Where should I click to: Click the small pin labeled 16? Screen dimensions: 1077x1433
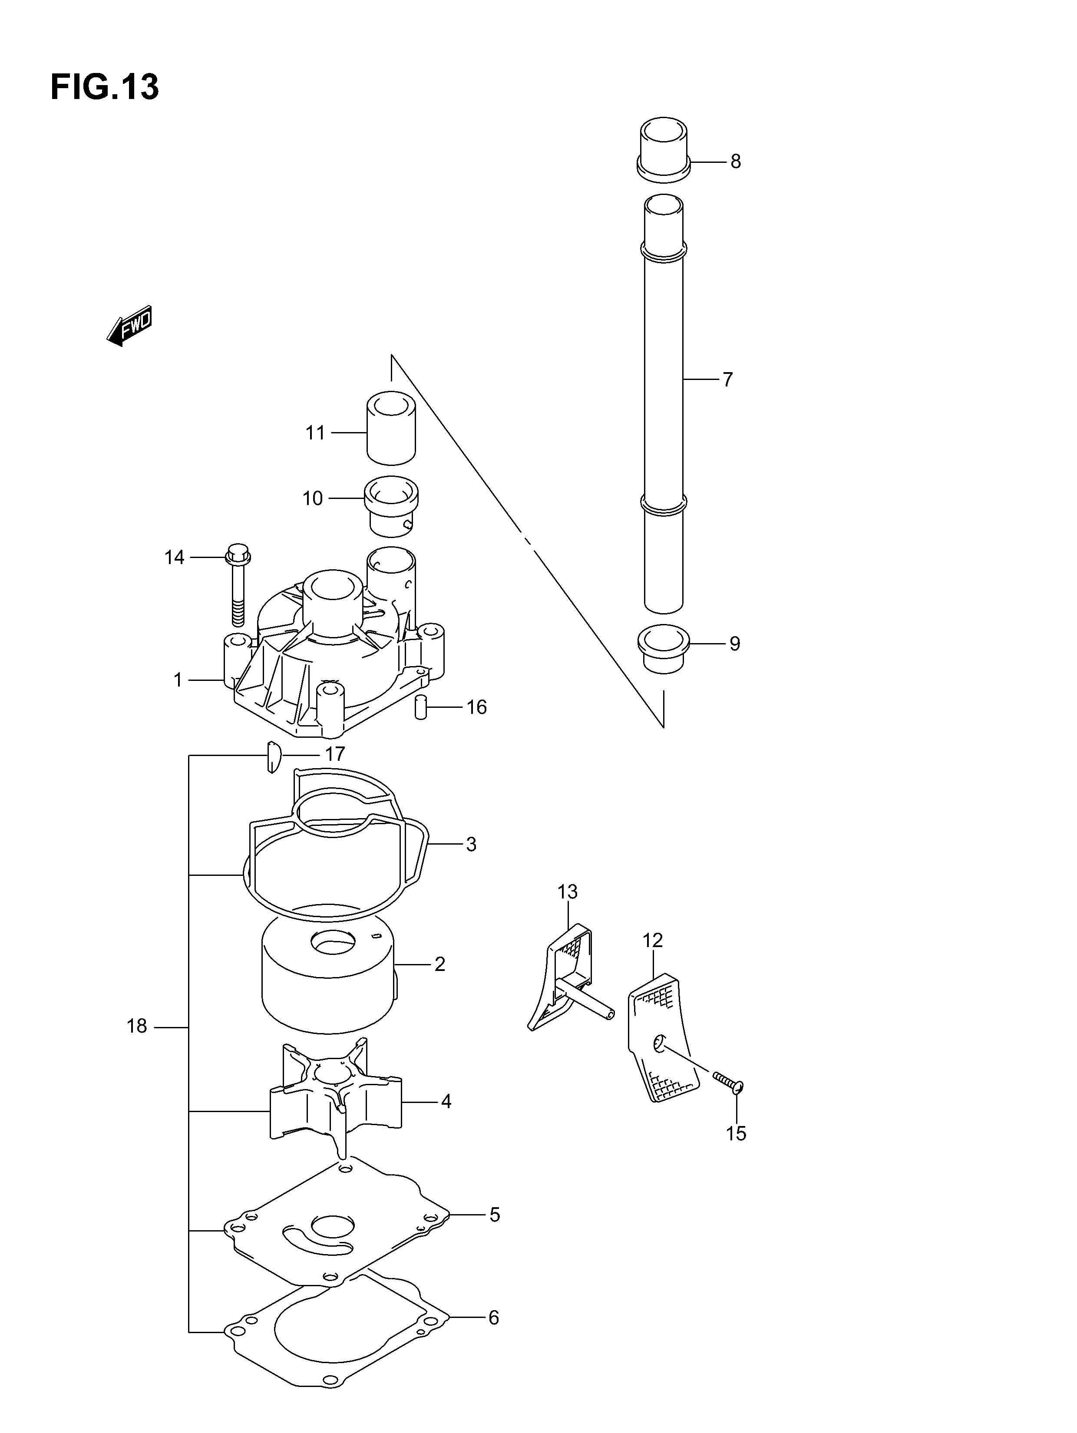420,707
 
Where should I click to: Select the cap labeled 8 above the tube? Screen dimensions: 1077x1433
664,149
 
